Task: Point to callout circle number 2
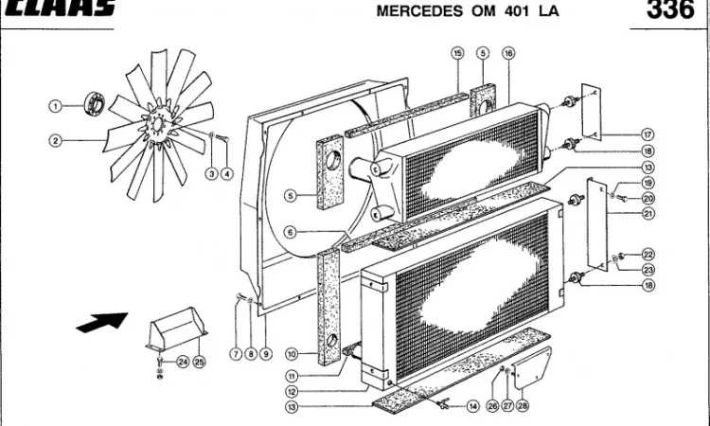[x=55, y=141]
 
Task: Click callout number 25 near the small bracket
[x=199, y=361]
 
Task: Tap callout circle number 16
[x=508, y=54]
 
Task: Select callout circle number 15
[x=457, y=54]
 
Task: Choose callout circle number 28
[x=522, y=405]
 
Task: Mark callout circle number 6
[x=292, y=231]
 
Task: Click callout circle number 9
[x=266, y=354]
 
